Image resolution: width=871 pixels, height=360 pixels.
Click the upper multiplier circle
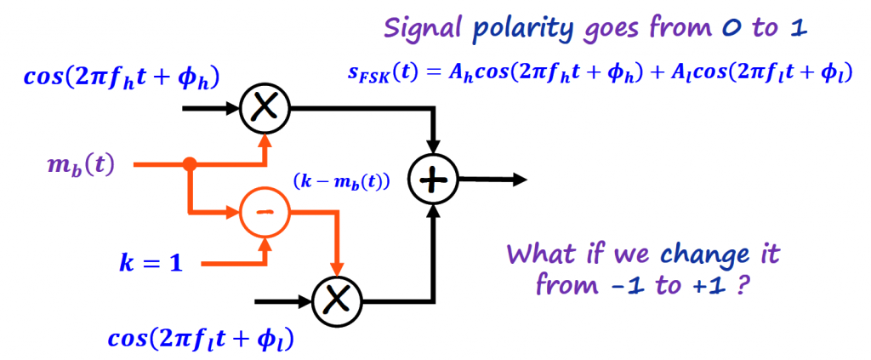(265, 108)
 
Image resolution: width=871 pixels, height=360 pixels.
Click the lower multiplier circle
(338, 300)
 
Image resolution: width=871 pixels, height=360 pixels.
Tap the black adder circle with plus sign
(434, 179)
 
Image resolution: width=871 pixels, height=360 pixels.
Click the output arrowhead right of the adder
(519, 179)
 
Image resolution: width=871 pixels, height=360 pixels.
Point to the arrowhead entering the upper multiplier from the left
(233, 108)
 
